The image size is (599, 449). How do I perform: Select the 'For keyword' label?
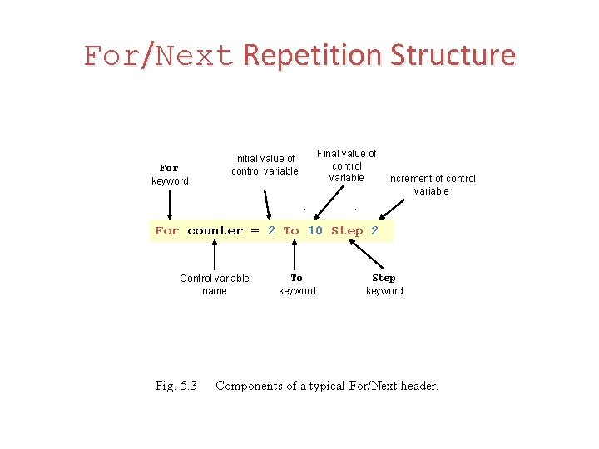(170, 175)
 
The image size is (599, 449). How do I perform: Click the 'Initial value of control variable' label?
(265, 165)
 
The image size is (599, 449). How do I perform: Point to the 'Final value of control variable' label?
(346, 165)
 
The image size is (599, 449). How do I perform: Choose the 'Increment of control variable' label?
(432, 185)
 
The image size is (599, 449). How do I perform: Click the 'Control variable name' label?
(215, 284)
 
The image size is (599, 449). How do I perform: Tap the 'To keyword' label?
(297, 284)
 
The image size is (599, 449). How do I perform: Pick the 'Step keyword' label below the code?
(384, 284)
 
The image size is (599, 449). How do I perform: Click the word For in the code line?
(166, 231)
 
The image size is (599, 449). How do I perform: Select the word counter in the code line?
(215, 231)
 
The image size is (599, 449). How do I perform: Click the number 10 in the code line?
(314, 231)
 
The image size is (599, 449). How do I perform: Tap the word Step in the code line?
(347, 231)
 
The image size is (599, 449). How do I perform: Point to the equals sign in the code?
(255, 231)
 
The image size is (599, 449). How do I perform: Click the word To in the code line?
(290, 231)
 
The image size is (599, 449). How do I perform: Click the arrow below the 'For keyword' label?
(171, 205)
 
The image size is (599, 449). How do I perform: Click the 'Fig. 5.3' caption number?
(176, 386)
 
